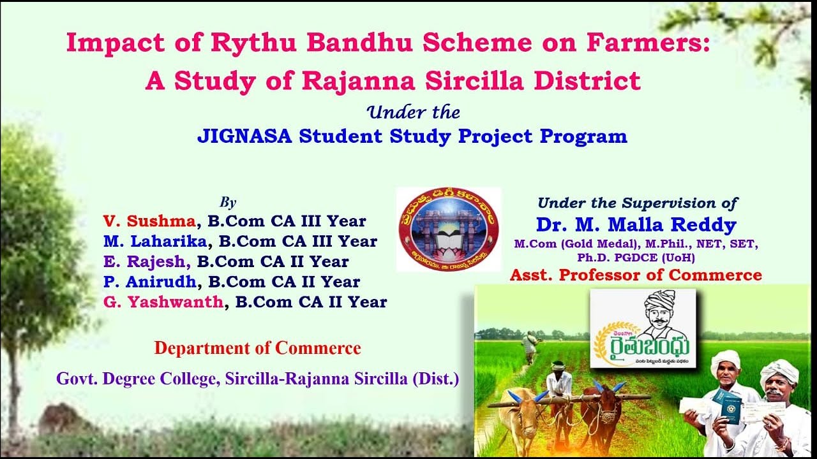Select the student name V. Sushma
pos(149,221)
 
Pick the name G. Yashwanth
pos(163,302)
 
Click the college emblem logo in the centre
pos(449,229)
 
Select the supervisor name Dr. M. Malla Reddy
pos(636,224)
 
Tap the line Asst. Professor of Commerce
pos(636,275)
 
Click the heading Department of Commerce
pos(257,348)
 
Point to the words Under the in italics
pos(414,113)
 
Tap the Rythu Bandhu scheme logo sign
pos(643,328)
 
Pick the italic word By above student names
pos(228,203)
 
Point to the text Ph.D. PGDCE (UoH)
pos(636,258)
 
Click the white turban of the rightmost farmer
pos(779,370)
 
